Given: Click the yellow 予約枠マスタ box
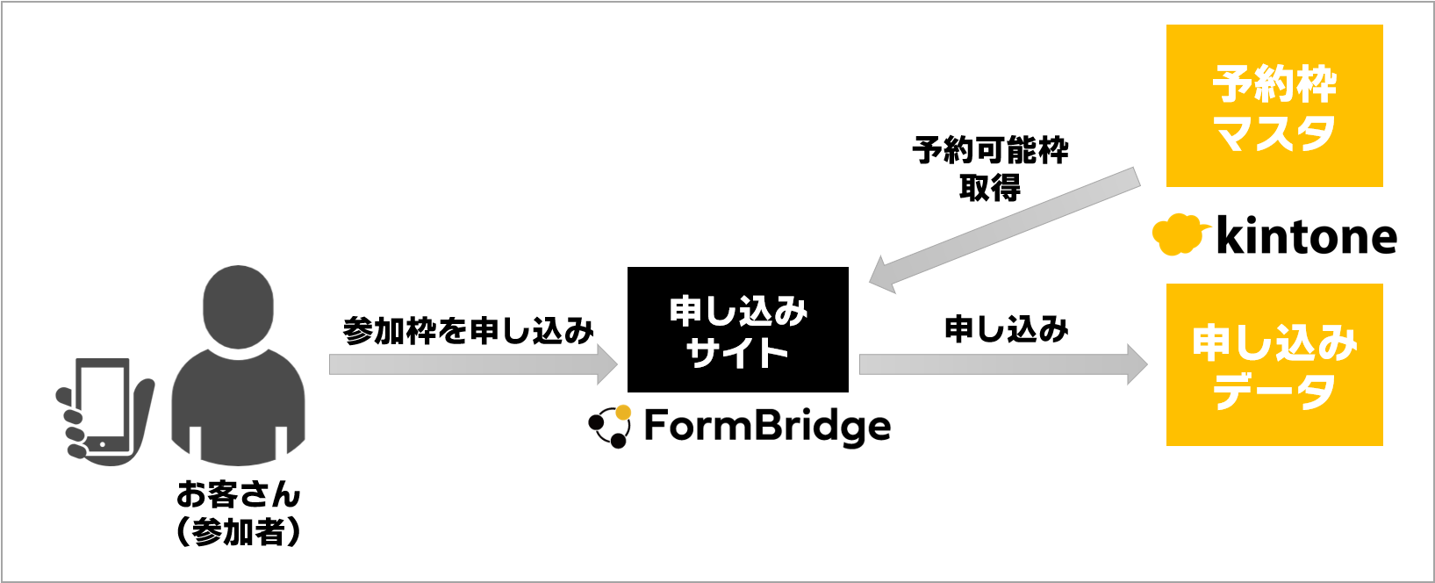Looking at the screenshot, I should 1274,105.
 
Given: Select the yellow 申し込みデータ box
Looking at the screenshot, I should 1274,364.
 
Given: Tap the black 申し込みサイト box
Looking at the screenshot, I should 737,329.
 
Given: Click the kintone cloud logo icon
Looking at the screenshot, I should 1176,234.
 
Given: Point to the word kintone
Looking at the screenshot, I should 1306,236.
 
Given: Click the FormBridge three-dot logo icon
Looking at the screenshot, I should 610,427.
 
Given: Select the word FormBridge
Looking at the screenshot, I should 767,427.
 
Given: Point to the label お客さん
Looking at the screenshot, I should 238,494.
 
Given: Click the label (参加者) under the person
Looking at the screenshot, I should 238,532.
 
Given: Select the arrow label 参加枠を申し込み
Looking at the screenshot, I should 468,331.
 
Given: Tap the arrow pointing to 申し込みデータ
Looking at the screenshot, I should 1001,364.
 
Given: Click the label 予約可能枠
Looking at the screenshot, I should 990,150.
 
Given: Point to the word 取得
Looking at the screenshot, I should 990,187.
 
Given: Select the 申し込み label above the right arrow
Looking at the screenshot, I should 1006,329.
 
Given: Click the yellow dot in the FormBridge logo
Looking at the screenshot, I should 623,412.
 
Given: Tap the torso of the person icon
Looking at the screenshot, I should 238,404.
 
